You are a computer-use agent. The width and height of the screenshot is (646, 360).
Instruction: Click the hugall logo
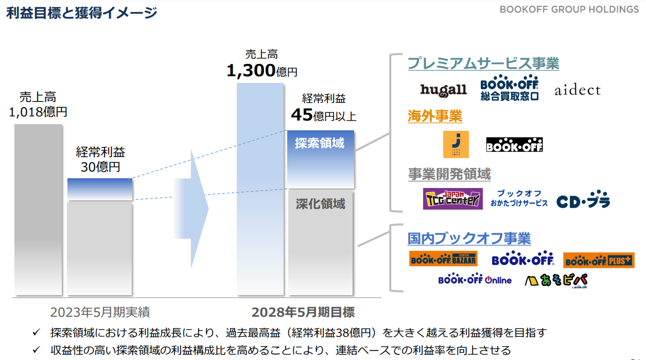tap(443, 90)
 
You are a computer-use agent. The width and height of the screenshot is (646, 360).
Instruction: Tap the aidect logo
tap(578, 90)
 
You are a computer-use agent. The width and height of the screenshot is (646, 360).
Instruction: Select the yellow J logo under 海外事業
tap(456, 144)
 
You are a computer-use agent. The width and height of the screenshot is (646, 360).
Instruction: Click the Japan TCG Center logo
tap(453, 199)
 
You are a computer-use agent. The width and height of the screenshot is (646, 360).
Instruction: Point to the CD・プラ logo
tap(583, 199)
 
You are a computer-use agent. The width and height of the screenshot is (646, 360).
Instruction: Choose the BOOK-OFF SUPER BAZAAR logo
tap(443, 259)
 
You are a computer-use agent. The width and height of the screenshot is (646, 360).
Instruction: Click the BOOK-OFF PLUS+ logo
tap(599, 260)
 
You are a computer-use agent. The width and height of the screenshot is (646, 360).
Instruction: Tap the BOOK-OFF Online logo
tap(475, 279)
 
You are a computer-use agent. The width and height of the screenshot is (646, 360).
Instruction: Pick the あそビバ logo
tap(556, 280)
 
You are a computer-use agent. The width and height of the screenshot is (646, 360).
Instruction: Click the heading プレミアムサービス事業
tap(483, 63)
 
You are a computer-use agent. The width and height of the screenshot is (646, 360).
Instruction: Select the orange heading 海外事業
tap(435, 116)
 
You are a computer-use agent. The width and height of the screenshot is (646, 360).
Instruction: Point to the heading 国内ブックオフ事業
tap(469, 238)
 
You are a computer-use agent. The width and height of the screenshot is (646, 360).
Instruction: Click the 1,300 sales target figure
tap(251, 71)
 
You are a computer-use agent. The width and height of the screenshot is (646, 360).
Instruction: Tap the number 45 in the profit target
tap(302, 115)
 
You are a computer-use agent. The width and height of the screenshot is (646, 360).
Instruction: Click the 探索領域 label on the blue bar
tap(320, 143)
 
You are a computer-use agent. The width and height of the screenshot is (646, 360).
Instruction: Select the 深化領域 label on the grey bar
tap(320, 204)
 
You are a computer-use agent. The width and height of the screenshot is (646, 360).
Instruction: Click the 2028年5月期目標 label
tap(303, 312)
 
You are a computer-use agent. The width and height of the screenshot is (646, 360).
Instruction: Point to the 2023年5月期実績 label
tap(100, 312)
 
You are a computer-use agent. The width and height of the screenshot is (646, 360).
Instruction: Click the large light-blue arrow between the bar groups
tap(190, 209)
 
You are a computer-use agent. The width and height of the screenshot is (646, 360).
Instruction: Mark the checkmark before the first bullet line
tap(37, 332)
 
